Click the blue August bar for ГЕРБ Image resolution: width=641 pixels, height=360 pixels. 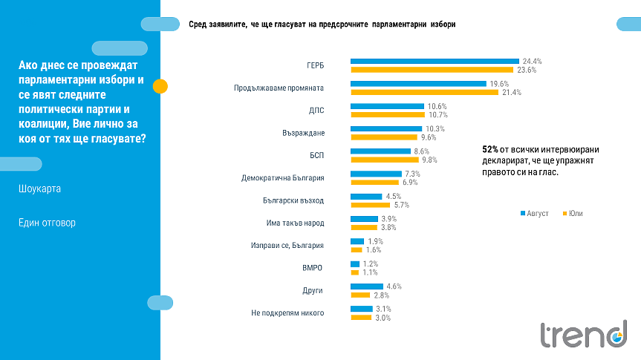click(435, 61)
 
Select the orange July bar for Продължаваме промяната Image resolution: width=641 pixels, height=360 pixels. click(424, 93)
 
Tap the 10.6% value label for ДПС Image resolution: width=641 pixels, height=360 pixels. click(437, 106)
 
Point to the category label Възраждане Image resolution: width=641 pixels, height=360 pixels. click(304, 133)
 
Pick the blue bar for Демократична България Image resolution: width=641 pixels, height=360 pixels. click(376, 174)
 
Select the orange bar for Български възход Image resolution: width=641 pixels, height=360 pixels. click(368, 205)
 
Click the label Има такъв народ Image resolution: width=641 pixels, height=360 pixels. click(295, 223)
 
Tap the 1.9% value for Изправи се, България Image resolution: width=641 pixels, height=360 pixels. click(375, 241)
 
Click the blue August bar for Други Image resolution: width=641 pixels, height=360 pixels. click(367, 287)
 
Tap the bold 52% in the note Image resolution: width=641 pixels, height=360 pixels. click(490, 149)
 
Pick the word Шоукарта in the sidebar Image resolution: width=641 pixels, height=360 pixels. click(40, 189)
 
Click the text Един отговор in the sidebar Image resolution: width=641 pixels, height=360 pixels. click(47, 223)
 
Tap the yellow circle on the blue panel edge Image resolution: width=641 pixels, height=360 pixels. click(160, 86)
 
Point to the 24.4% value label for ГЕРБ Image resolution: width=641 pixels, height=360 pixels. click(533, 61)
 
